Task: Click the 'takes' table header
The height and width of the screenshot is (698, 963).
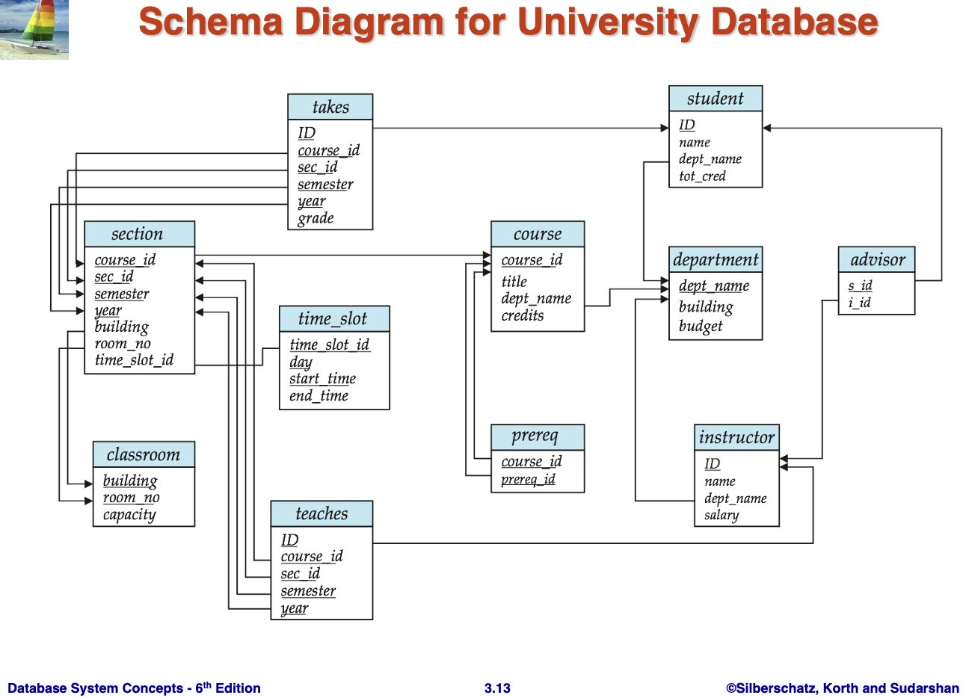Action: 330,107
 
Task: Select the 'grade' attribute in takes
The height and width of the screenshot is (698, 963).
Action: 315,219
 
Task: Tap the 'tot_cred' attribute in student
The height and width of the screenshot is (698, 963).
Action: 701,176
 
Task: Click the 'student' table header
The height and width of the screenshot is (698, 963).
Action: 715,99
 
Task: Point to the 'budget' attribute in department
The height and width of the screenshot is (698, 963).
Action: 701,327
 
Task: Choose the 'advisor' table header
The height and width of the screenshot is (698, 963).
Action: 876,260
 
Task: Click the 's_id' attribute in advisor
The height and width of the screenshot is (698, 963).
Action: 860,285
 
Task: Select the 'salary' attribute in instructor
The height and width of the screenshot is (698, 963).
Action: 721,516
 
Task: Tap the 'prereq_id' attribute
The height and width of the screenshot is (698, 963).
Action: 528,479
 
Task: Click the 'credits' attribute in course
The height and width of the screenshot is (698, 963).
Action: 523,315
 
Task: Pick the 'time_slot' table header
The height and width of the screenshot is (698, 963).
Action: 333,319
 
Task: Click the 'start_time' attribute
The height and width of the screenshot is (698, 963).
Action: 322,379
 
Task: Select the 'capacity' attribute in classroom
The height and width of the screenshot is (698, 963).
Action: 129,515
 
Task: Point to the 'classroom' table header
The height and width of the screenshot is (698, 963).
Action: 143,455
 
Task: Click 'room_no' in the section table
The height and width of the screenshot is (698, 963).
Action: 123,344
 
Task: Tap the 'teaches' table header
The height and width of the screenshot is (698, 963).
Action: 321,514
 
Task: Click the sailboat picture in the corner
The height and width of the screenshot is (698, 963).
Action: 34,30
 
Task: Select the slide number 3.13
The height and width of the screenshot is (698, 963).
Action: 497,688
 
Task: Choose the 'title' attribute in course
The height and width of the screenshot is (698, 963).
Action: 514,282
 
